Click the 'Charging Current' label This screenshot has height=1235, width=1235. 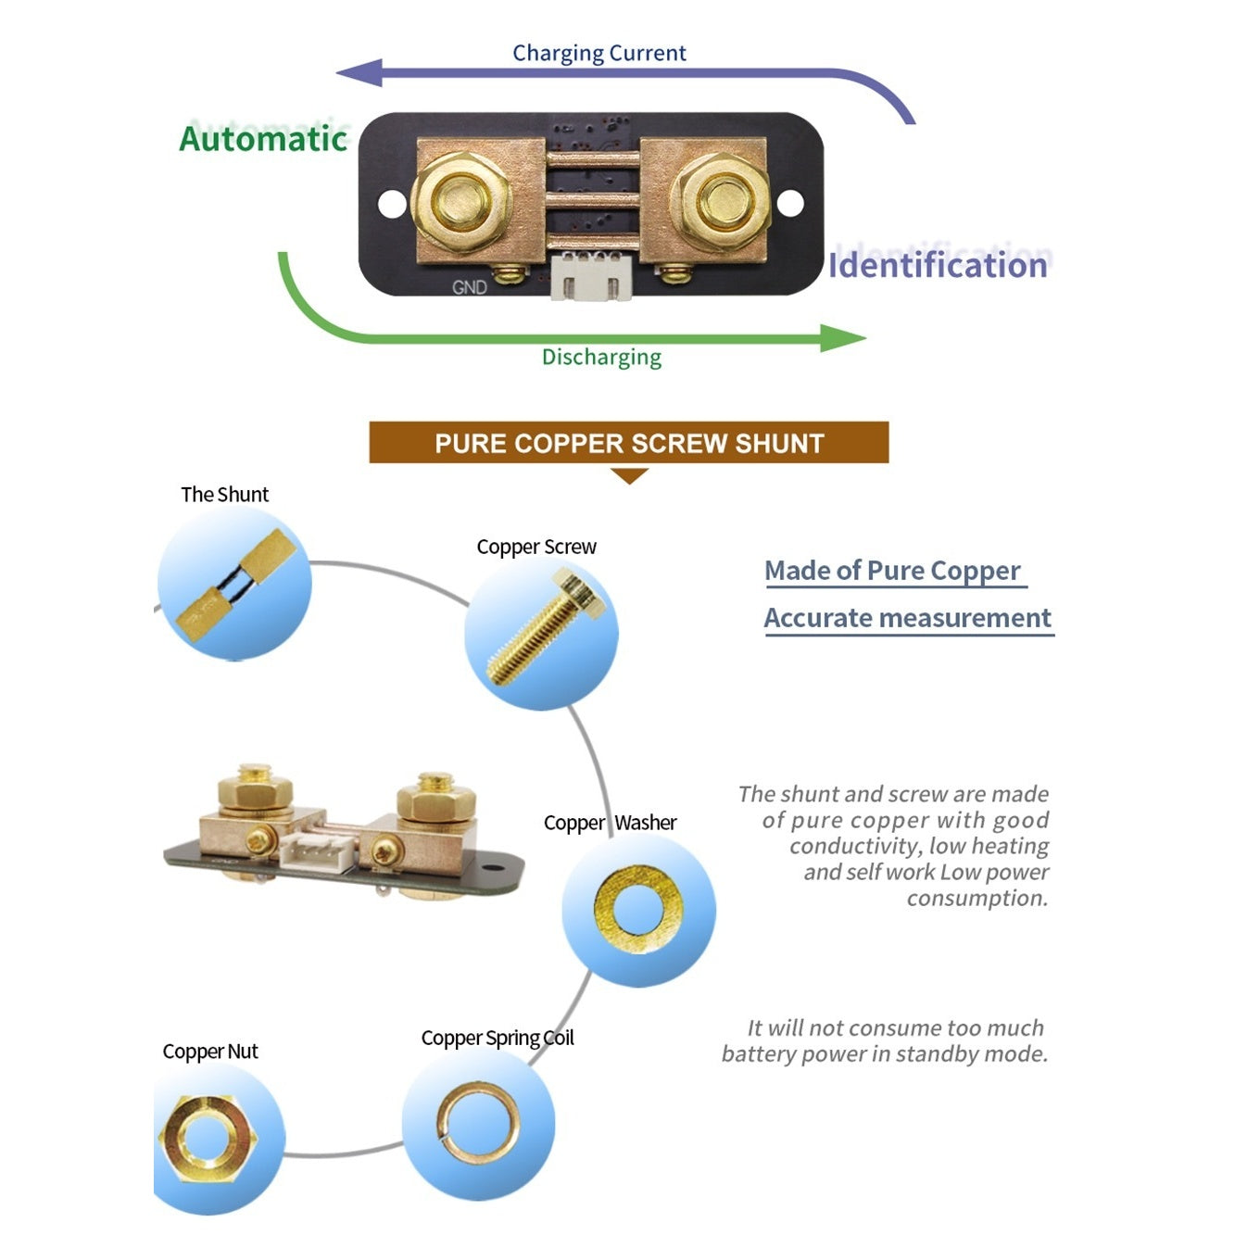click(599, 53)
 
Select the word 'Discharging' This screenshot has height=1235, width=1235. click(601, 357)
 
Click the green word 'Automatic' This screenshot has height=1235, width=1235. click(263, 138)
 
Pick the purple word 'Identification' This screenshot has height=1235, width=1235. click(939, 265)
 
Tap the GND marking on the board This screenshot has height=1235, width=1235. click(470, 288)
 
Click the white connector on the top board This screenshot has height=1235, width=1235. click(589, 275)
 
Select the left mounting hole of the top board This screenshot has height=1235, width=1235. click(392, 204)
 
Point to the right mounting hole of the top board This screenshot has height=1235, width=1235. click(790, 203)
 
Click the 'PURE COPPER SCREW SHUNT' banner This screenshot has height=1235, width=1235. click(629, 442)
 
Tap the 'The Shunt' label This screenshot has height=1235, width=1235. click(224, 494)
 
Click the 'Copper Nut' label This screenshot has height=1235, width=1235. click(210, 1052)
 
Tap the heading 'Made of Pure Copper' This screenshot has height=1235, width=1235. click(892, 571)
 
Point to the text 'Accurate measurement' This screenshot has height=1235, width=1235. click(908, 618)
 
